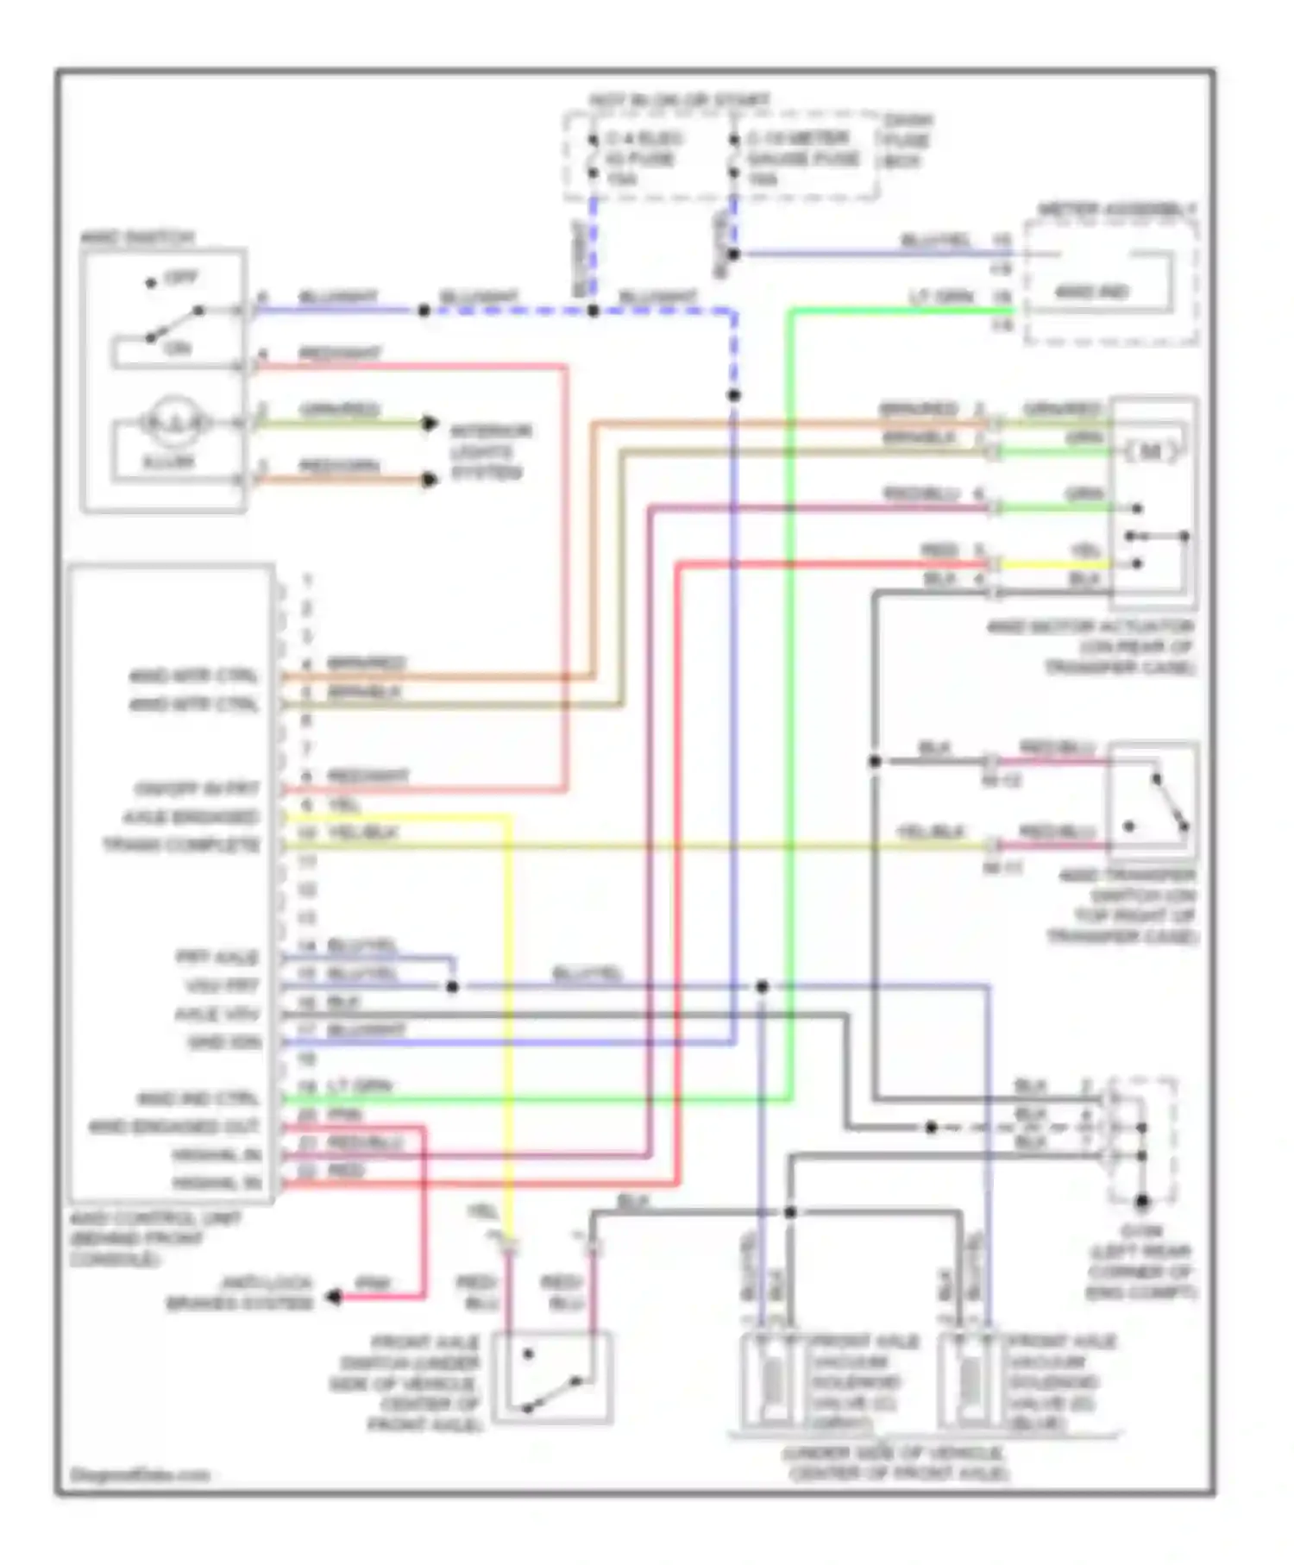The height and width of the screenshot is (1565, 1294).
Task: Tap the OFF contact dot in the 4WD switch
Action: [151, 283]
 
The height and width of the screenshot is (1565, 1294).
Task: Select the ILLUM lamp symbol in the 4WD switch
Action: [175, 422]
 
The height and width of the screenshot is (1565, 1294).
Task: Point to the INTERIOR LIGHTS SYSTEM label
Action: [490, 451]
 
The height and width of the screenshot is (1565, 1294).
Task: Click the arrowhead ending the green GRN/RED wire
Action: [430, 423]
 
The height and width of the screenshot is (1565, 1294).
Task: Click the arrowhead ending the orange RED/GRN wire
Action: [430, 479]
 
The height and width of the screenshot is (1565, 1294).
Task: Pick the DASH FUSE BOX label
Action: [906, 141]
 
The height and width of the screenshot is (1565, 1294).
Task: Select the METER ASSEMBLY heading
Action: [1116, 210]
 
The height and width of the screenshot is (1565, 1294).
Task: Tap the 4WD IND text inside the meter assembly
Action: [1092, 292]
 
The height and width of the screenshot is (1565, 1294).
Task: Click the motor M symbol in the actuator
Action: [1151, 450]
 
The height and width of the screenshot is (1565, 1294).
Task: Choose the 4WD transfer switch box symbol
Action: [1153, 795]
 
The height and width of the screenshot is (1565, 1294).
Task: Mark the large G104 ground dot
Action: [1142, 1201]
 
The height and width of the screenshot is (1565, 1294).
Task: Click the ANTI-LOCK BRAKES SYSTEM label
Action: [241, 1292]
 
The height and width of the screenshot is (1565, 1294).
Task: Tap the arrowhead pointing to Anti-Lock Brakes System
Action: [332, 1296]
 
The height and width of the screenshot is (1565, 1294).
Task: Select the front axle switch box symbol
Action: [552, 1378]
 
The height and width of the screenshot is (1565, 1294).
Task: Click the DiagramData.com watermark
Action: [140, 1474]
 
